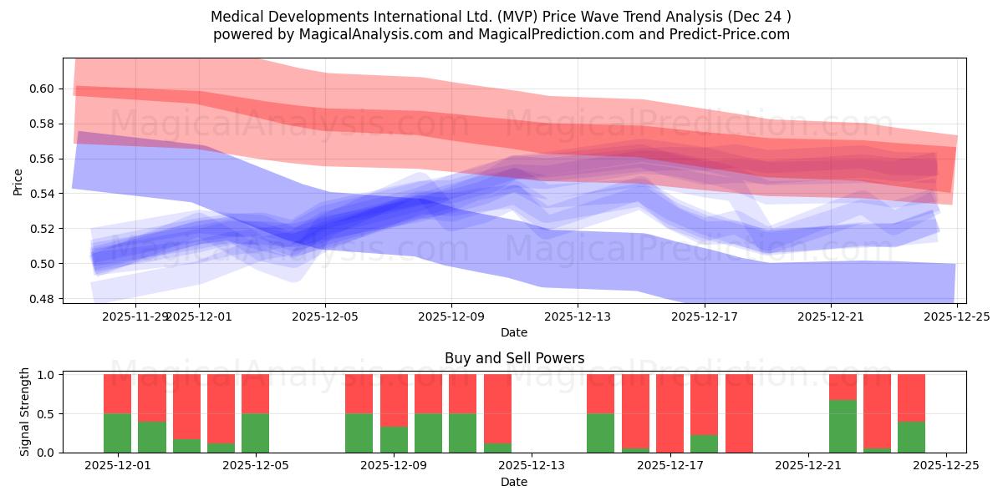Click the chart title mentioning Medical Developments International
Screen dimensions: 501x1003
click(x=501, y=16)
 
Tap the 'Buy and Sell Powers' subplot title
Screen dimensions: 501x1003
click(x=513, y=358)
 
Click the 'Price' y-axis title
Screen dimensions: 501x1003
click(x=18, y=180)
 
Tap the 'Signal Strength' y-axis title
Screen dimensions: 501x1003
click(x=25, y=412)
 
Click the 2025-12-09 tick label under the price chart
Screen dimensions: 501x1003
click(x=451, y=316)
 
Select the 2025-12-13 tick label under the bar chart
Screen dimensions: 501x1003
click(x=532, y=466)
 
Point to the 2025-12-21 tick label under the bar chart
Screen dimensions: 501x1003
click(x=808, y=466)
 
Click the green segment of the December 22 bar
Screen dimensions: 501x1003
click(x=843, y=426)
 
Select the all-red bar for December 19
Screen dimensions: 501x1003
click(x=739, y=413)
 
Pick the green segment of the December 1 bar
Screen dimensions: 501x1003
click(x=117, y=433)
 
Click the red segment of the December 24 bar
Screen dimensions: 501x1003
click(x=911, y=397)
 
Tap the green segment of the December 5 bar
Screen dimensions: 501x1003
click(x=255, y=433)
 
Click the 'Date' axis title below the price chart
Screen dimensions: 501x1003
click(x=513, y=332)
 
